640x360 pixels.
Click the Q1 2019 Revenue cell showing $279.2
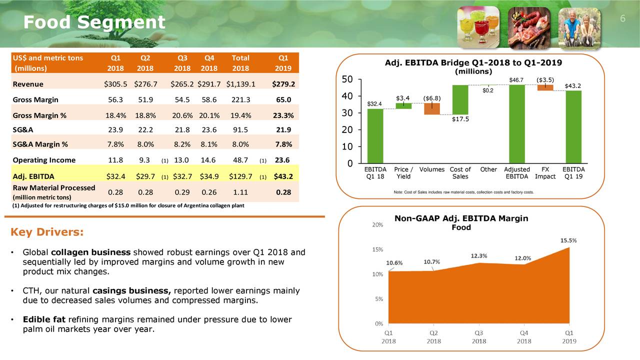[283, 84]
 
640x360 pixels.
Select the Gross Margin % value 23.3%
[283, 115]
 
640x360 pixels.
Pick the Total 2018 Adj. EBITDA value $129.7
[241, 176]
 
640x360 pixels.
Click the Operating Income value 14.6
[207, 160]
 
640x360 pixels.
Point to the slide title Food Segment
[94, 22]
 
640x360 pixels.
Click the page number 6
[622, 19]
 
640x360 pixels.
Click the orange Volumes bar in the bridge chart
[431, 108]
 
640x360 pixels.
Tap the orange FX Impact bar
[545, 87]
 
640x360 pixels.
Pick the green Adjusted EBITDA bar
[516, 124]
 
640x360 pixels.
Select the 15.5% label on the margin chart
[568, 240]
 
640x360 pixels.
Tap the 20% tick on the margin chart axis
[378, 225]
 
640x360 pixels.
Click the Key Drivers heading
[47, 233]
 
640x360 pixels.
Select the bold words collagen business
[91, 252]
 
